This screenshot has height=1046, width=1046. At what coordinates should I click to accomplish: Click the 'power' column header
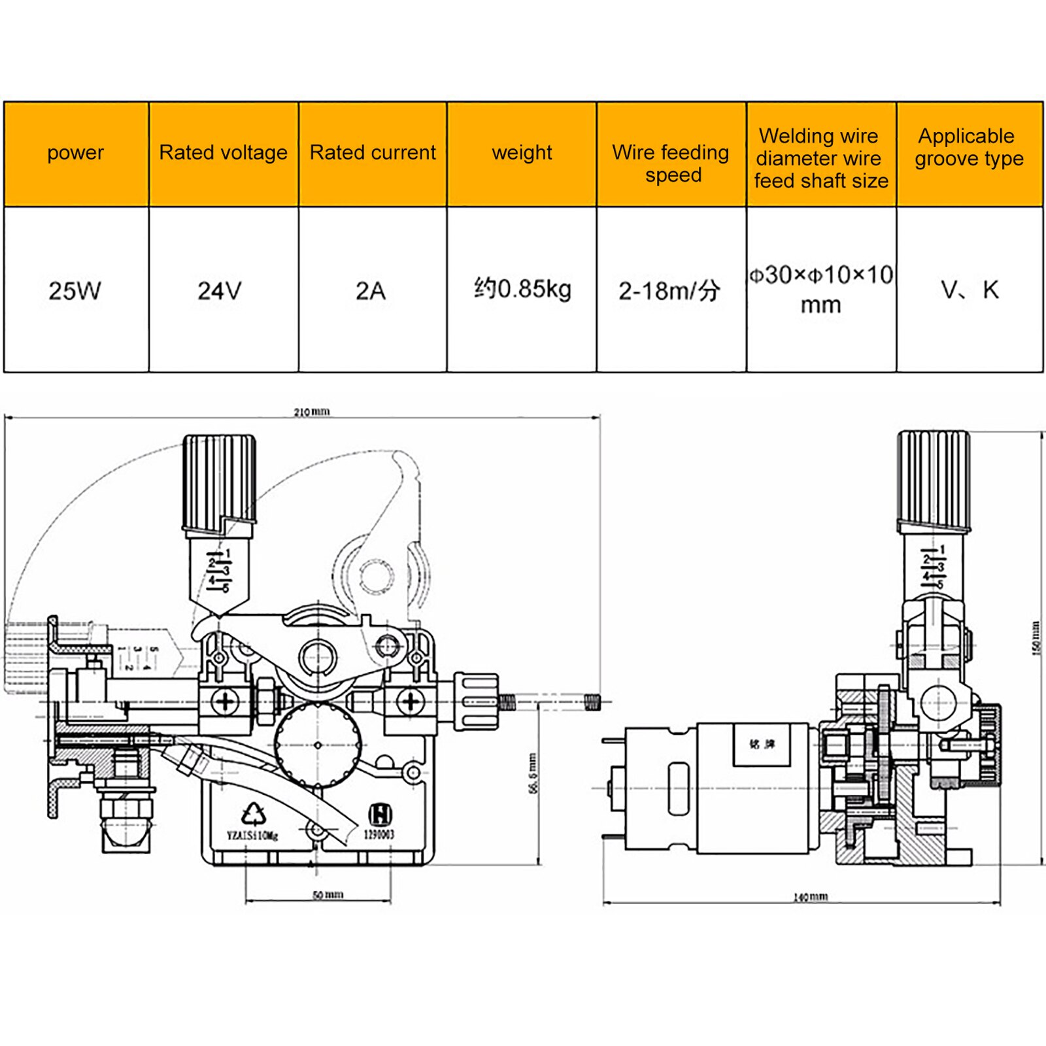[x=75, y=153]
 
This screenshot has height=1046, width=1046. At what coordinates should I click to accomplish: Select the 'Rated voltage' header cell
[x=223, y=153]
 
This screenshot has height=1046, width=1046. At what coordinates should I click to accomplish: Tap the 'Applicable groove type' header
[x=969, y=148]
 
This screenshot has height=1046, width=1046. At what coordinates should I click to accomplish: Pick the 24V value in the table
[x=220, y=291]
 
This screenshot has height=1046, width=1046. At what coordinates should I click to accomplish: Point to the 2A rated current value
[x=371, y=291]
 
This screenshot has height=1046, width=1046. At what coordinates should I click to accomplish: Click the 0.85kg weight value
[x=522, y=289]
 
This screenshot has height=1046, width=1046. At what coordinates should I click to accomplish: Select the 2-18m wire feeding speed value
[x=669, y=291]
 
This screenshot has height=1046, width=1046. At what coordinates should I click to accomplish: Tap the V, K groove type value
[x=970, y=290]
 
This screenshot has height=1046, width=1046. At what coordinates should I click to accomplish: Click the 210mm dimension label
[x=311, y=412]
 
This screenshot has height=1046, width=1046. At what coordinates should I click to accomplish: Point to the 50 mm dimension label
[x=328, y=895]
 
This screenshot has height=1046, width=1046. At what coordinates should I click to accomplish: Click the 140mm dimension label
[x=810, y=897]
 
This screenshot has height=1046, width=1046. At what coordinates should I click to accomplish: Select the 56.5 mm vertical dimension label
[x=533, y=774]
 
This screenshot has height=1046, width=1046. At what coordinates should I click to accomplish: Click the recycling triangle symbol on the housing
[x=254, y=814]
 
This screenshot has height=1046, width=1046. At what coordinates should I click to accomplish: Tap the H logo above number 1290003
[x=380, y=815]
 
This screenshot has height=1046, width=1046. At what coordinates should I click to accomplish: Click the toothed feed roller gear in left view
[x=318, y=745]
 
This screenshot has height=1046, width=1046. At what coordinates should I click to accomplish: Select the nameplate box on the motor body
[x=762, y=744]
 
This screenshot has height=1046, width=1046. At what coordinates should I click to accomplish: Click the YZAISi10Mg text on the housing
[x=252, y=835]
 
